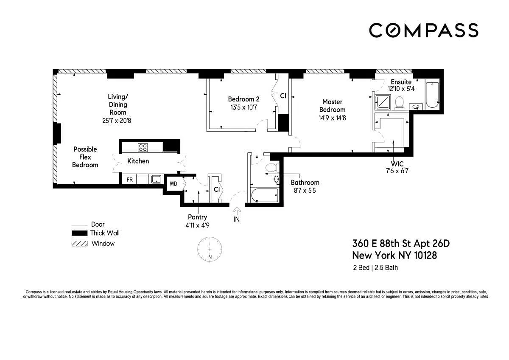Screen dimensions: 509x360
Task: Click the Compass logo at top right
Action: [x=424, y=30]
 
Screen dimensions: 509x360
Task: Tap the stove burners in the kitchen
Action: [x=143, y=147]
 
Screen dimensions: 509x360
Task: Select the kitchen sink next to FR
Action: [x=156, y=179]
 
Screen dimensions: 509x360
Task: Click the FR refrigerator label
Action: [x=129, y=180]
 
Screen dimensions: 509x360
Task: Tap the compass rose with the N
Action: [x=210, y=249]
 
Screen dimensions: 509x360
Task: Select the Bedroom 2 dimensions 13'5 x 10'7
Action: [x=243, y=107]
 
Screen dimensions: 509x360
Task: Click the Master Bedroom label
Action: [x=332, y=106]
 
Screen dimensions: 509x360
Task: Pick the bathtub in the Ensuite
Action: [x=432, y=95]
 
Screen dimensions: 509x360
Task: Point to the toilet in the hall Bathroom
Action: [x=272, y=168]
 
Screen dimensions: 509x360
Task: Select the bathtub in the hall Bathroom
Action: [x=265, y=195]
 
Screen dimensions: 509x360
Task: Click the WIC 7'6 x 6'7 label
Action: [x=397, y=167]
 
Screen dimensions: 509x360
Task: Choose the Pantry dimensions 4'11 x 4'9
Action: [x=197, y=225]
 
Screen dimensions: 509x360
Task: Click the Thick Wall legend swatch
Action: [x=79, y=233]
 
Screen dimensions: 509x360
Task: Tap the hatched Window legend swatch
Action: [x=80, y=244]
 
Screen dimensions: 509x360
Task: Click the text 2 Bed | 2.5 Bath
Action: [x=375, y=268]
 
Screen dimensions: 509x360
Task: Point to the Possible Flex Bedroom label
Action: [x=85, y=157]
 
